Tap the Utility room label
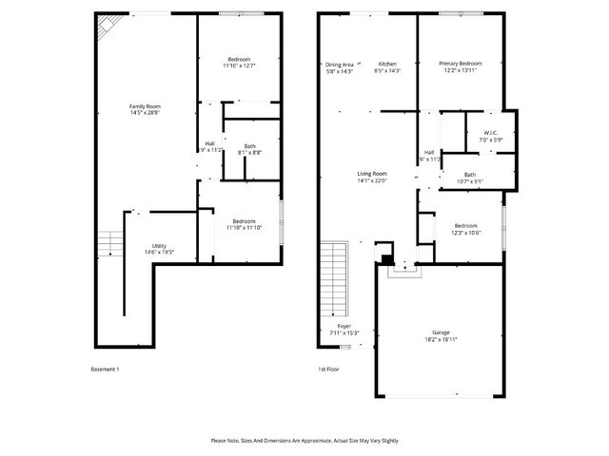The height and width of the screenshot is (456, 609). [158, 245]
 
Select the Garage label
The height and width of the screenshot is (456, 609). [441, 332]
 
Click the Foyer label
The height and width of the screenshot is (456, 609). [344, 326]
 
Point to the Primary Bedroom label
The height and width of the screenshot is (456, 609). [461, 64]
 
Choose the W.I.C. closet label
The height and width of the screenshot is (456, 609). [491, 133]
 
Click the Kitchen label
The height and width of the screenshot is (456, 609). [386, 64]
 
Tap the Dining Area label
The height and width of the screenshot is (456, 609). [340, 64]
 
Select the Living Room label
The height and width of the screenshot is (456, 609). [371, 174]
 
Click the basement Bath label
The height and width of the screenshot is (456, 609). [249, 145]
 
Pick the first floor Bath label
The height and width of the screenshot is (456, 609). [470, 174]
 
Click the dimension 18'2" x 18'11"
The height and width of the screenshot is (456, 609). [441, 339]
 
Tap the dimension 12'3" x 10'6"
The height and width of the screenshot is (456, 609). [466, 233]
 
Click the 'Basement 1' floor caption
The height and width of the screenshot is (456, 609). [105, 370]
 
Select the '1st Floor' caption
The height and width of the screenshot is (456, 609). [329, 370]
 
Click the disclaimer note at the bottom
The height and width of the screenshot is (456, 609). [304, 441]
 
